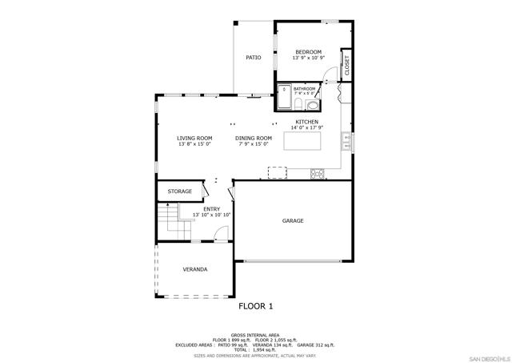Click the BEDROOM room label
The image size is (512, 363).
tap(308, 51)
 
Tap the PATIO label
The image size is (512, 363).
tap(254, 58)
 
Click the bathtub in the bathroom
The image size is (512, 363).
tap(283, 95)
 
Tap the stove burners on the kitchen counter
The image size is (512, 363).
tap(317, 172)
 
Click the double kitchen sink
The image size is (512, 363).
tap(346, 142)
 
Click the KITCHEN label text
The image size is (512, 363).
tap(307, 122)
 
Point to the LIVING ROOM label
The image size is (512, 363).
tap(194, 138)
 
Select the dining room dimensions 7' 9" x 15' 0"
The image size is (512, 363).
tap(254, 145)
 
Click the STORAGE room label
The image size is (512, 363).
tap(179, 192)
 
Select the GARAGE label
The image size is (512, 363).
tap(293, 220)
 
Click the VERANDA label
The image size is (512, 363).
tap(194, 269)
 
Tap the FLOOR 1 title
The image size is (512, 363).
tap(256, 306)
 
